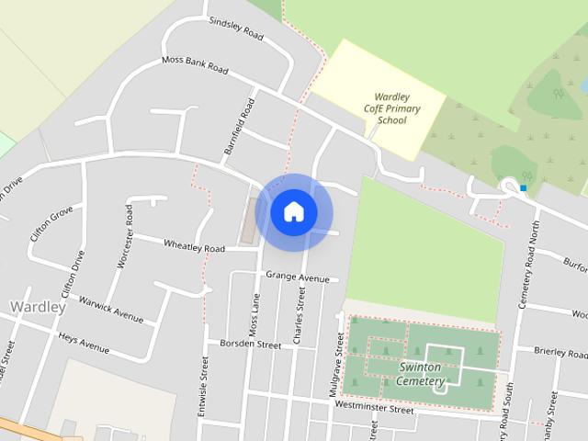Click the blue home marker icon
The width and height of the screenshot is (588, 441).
coord(294,212)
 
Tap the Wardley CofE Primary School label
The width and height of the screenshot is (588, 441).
coord(398,108)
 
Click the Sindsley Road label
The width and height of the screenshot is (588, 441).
coord(236,28)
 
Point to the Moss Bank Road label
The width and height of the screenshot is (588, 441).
coord(194,64)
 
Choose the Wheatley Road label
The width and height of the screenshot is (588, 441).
coord(194,246)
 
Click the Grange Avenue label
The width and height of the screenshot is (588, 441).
coord(297,277)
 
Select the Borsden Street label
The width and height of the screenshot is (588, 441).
coord(250,345)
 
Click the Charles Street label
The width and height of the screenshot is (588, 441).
coord(299,316)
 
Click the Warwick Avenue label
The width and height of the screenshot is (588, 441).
coord(110,309)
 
